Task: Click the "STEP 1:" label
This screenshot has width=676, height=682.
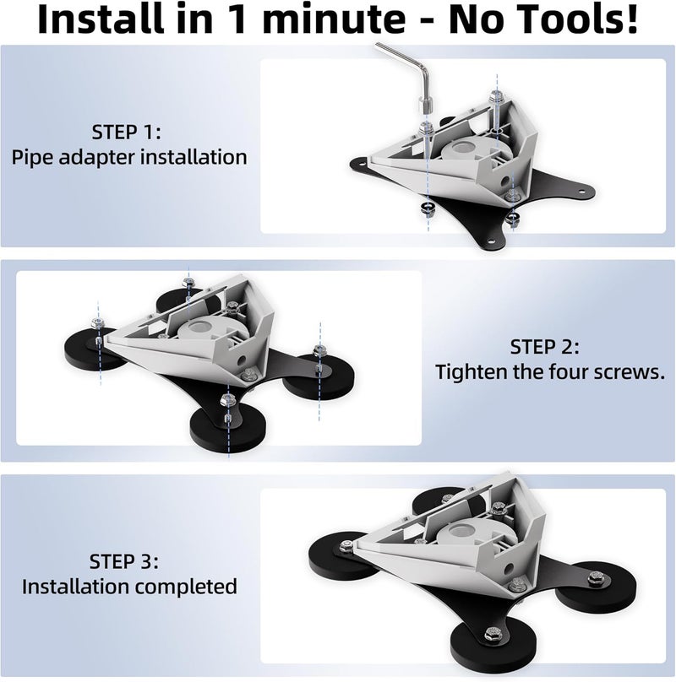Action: (x=129, y=133)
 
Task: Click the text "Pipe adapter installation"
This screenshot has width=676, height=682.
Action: (x=129, y=158)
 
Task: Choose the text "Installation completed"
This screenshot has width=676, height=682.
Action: (x=129, y=586)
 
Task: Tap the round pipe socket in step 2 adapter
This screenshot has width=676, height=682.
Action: (x=203, y=330)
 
